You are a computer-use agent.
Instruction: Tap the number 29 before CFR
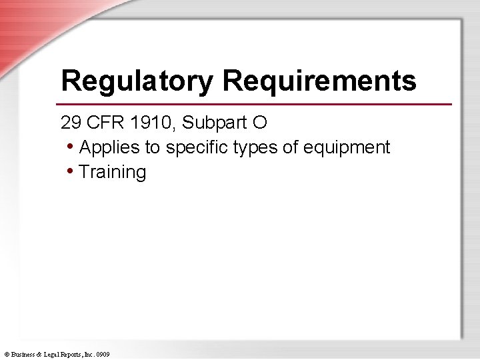click(69, 123)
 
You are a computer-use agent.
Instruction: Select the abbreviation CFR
click(100, 123)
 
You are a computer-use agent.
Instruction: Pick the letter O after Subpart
click(241, 123)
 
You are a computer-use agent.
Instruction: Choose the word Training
click(112, 173)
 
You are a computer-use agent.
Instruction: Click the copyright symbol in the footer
click(6, 354)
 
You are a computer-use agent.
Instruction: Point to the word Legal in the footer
click(51, 354)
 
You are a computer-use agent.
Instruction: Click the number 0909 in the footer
click(103, 354)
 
